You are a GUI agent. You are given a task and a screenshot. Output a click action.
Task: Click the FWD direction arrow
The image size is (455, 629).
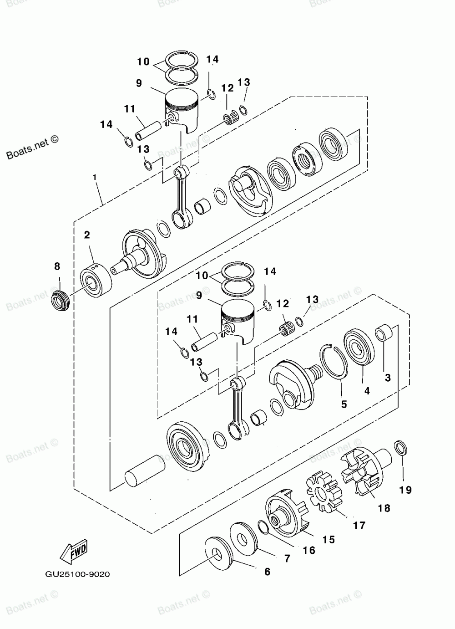pos(72,552)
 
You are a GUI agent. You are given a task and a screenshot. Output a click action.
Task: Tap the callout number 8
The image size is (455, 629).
pos(57,266)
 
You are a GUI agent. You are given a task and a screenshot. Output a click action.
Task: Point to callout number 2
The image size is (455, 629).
pos(87,235)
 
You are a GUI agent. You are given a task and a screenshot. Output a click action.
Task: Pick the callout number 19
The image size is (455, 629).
pos(405,490)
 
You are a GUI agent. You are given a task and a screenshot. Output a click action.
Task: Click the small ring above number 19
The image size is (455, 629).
pos(399,448)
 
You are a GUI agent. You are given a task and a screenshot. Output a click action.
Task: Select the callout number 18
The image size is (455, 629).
pos(384,508)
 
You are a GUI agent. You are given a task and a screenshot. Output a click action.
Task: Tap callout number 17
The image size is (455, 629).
pos(359,526)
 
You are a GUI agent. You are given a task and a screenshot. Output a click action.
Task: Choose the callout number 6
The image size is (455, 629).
pos(267,572)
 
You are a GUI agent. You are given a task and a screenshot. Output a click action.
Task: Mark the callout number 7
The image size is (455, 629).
pos(287,558)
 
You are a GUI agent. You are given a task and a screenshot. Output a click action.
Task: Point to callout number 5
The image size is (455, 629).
pos(344,404)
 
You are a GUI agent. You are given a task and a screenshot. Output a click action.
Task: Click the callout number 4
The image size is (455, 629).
pos(367,390)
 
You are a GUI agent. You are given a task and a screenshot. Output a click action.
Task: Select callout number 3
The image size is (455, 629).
pos(388,378)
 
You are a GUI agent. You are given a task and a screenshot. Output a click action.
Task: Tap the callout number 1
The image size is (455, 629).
pos(95,177)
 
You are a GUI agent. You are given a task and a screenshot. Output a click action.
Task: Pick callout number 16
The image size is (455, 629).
pos(309,550)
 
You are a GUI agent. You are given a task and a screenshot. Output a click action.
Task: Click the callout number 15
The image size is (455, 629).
pos(329,539)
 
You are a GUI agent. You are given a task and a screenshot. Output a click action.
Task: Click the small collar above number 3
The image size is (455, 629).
pos(383,333)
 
